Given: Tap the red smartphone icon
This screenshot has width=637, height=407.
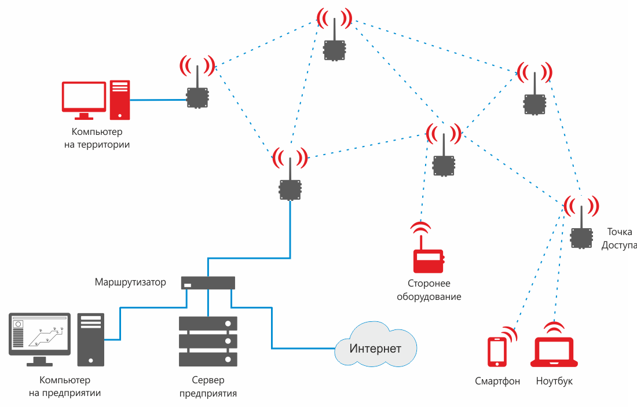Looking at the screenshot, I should pyautogui.click(x=496, y=351).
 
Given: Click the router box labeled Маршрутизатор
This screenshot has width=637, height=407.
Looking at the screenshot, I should pyautogui.click(x=208, y=283).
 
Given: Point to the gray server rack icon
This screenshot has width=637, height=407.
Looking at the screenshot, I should pyautogui.click(x=208, y=341).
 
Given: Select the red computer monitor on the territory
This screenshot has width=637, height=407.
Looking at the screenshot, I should pyautogui.click(x=84, y=97).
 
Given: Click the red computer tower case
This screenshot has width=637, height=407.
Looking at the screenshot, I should pyautogui.click(x=120, y=100).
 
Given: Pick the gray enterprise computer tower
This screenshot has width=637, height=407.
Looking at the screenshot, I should pyautogui.click(x=91, y=339).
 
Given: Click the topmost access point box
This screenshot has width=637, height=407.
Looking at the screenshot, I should pyautogui.click(x=334, y=50).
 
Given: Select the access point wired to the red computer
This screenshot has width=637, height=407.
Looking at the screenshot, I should pyautogui.click(x=197, y=98).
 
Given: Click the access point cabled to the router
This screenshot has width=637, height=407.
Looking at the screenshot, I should pyautogui.click(x=290, y=189).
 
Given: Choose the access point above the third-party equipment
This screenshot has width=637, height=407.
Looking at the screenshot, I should pyautogui.click(x=444, y=166).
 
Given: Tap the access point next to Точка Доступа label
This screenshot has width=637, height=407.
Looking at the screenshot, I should pyautogui.click(x=581, y=237).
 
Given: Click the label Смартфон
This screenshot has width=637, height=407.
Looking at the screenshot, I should pyautogui.click(x=497, y=382).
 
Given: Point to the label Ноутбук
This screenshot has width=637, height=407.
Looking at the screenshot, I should pyautogui.click(x=554, y=382).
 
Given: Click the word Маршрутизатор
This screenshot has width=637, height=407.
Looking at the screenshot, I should pyautogui.click(x=130, y=283).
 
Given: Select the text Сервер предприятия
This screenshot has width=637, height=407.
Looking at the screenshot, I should pyautogui.click(x=208, y=387).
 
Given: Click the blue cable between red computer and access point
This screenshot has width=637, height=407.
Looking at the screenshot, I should pyautogui.click(x=158, y=100).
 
